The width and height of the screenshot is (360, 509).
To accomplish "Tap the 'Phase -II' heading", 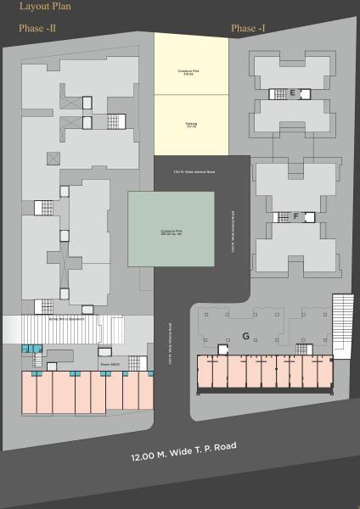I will pos(37,29).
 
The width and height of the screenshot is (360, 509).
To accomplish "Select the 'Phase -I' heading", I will pos(248,29).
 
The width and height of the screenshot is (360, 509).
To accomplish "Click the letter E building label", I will pos(292,93).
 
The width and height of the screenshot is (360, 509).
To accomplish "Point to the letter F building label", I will pos(295,216).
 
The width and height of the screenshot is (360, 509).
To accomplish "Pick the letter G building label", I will pos(245,336).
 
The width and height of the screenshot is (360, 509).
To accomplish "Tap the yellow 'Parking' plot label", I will pos(191,126).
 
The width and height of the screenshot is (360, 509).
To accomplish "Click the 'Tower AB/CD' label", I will pos(110,364).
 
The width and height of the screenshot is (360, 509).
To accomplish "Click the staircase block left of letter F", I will pos(281,217).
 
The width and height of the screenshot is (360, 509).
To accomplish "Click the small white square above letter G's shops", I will pos(222,349).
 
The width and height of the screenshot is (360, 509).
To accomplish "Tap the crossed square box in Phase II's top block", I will pos(53,158).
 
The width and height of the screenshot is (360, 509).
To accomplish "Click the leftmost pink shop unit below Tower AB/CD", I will pos(37,393).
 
